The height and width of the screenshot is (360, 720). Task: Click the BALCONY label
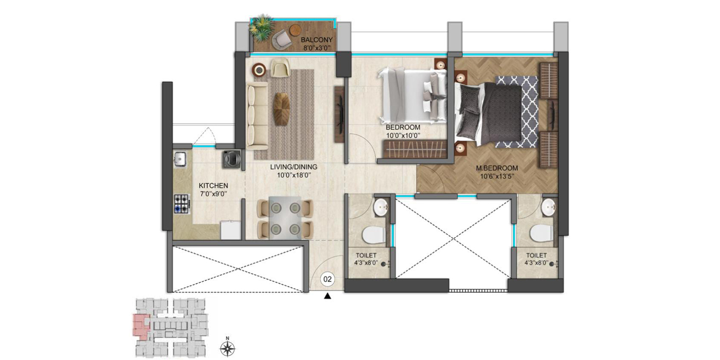click(317, 40)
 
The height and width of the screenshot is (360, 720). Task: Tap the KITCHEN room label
click(213, 186)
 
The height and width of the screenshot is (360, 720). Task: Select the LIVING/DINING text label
click(294, 167)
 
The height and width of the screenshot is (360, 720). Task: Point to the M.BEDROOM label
click(497, 168)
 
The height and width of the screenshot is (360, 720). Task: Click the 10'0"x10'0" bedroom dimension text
click(403, 136)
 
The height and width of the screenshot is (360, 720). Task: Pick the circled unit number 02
click(327, 279)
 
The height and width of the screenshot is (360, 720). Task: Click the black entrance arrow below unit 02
click(327, 296)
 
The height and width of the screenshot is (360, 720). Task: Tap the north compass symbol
click(227, 348)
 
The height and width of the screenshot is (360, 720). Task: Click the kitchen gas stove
click(182, 204)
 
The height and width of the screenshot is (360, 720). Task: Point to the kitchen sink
click(180, 159)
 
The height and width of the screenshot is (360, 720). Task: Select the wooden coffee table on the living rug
click(281, 108)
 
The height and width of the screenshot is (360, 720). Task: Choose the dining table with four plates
click(285, 217)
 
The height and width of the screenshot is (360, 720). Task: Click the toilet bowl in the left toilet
click(374, 235)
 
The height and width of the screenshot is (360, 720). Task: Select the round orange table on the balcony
click(295, 29)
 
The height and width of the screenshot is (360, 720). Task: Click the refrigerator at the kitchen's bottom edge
click(231, 229)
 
